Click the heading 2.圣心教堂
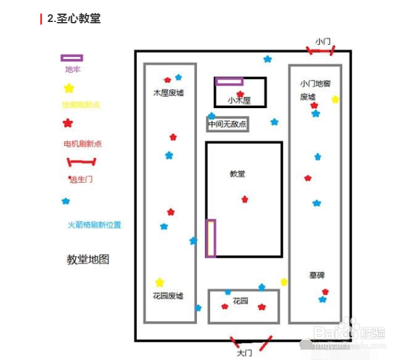pyautogui.click(x=74, y=19)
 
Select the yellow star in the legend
pyautogui.click(x=69, y=88)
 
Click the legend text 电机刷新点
pyautogui.click(x=82, y=144)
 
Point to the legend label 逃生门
pyautogui.click(x=81, y=179)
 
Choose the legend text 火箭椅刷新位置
pyautogui.click(x=94, y=225)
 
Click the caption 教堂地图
pyautogui.click(x=88, y=259)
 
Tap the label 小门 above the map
pyautogui.click(x=323, y=41)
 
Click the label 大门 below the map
pyautogui.click(x=244, y=354)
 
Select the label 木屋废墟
pyautogui.click(x=169, y=93)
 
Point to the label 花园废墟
pyautogui.click(x=168, y=296)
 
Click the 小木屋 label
pyautogui.click(x=239, y=101)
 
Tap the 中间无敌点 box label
pyautogui.click(x=227, y=124)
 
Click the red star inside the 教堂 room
pyautogui.click(x=244, y=199)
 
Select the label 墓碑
pyautogui.click(x=317, y=275)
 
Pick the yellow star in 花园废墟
pyautogui.click(x=159, y=282)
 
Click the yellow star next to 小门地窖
pyautogui.click(x=335, y=99)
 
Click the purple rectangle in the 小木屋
pyautogui.click(x=229, y=82)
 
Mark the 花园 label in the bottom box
pyautogui.click(x=240, y=301)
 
